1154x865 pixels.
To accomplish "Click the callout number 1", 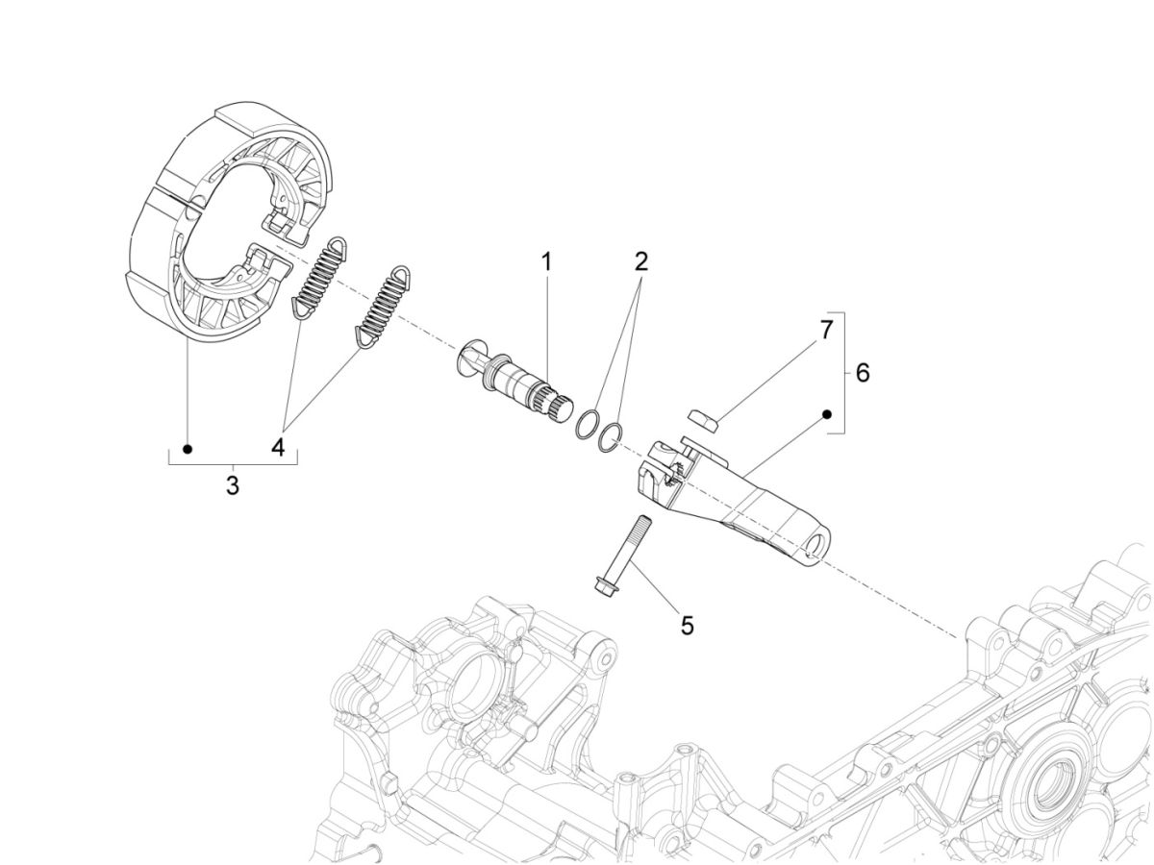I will pyautogui.click(x=545, y=261).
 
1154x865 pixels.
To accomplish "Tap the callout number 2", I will pyautogui.click(x=640, y=261).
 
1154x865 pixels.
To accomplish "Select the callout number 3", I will pyautogui.click(x=232, y=485).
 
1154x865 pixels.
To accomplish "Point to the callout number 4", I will pyautogui.click(x=278, y=449).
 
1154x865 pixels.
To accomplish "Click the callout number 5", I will pyautogui.click(x=687, y=625).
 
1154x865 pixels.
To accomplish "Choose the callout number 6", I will pyautogui.click(x=862, y=373).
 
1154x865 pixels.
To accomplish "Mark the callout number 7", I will pyautogui.click(x=825, y=330).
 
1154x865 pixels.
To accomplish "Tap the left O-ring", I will pyautogui.click(x=586, y=424).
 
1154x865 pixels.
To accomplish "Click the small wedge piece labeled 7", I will pyautogui.click(x=704, y=421).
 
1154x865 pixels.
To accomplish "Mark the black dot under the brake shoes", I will pyautogui.click(x=188, y=449).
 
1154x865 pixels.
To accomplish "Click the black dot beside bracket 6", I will pyautogui.click(x=825, y=414).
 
